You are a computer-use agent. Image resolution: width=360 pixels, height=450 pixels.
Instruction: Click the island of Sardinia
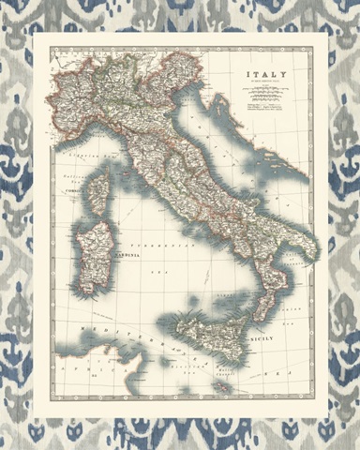click(x=96, y=248)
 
